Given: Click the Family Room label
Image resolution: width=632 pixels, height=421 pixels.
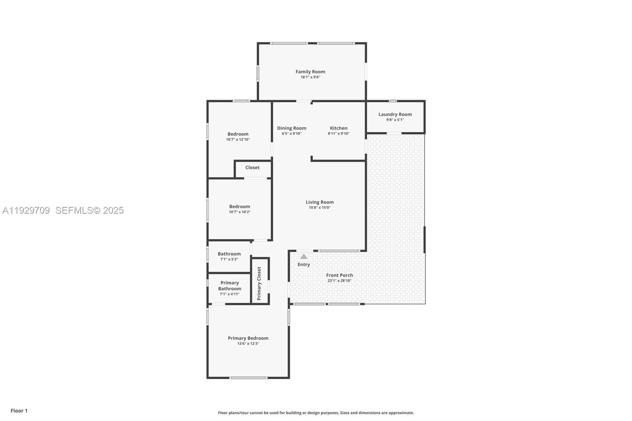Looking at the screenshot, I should click(x=310, y=71).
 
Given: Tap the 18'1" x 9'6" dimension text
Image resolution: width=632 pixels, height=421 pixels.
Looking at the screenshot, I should click(x=310, y=77).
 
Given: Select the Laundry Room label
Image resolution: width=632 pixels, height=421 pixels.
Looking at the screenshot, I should click(x=395, y=114).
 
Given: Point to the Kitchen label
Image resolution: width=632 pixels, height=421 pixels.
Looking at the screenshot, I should click(x=339, y=128).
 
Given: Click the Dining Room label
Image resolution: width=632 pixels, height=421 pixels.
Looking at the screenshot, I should click(x=292, y=128).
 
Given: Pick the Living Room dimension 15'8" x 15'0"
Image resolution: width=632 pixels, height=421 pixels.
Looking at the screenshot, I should click(x=320, y=208).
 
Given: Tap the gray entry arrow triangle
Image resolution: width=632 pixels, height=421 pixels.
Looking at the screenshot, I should click(x=303, y=256).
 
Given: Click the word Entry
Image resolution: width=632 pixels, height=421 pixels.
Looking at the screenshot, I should click(x=303, y=265).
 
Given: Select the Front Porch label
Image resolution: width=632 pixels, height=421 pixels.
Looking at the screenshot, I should click(x=339, y=275).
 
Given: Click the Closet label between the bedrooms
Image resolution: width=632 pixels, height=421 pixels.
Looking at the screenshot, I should click(x=252, y=167).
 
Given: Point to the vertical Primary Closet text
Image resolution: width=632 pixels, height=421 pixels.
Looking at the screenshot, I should click(x=259, y=283).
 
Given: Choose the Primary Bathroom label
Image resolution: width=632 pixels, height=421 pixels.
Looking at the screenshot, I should click(x=229, y=286).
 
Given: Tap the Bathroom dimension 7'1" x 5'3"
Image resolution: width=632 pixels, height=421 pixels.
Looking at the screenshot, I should click(x=229, y=259).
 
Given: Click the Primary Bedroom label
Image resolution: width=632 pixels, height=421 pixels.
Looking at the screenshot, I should click(x=248, y=338).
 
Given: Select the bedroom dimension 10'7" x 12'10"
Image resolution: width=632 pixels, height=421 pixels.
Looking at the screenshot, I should click(x=238, y=139).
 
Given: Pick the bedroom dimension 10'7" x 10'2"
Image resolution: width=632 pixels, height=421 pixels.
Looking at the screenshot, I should click(x=239, y=212).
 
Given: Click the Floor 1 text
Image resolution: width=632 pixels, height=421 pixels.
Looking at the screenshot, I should click(x=19, y=411).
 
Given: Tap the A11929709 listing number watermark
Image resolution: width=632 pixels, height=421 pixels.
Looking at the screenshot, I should click(x=26, y=210).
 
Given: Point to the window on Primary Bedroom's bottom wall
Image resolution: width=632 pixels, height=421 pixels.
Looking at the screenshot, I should click(x=248, y=378).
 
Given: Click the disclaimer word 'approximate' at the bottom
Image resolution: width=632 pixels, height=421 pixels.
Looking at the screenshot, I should click(x=402, y=413).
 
